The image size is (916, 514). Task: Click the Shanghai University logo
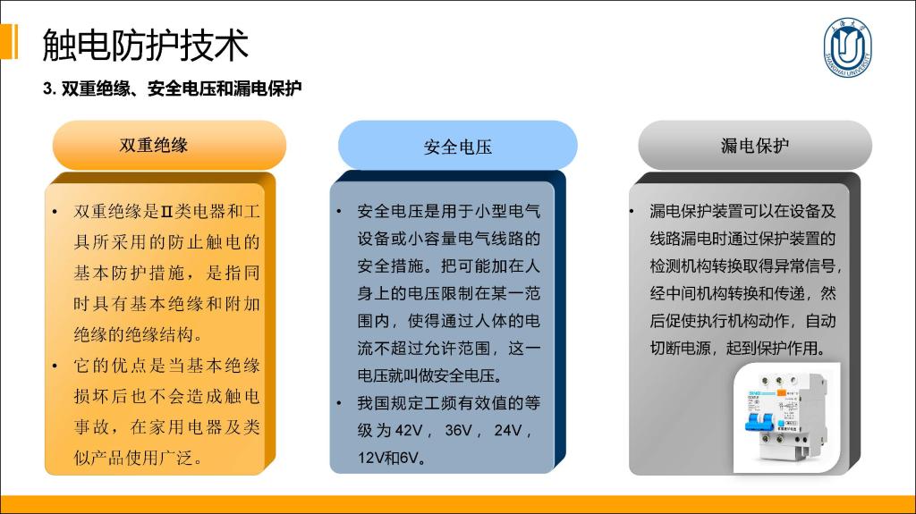pos(848,46)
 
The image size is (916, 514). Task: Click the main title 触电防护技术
pos(146,45)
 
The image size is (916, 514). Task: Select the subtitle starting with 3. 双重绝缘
pos(173,88)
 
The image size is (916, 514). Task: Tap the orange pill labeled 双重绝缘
pos(169,145)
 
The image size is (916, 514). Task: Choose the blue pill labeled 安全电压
pos(457,146)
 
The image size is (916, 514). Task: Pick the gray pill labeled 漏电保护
pos(755,146)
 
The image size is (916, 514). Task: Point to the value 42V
pos(408,431)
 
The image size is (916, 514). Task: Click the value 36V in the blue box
pos(458,431)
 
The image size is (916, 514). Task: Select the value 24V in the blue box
pos(508,431)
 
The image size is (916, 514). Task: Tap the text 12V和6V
pos(388,458)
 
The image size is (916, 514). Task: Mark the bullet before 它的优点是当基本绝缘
pos(55,367)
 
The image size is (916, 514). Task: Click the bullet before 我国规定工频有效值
pos(339,403)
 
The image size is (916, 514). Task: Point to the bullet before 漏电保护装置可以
pos(632,211)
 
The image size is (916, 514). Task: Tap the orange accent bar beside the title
pos(9,41)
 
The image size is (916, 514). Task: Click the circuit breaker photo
pos(786,417)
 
